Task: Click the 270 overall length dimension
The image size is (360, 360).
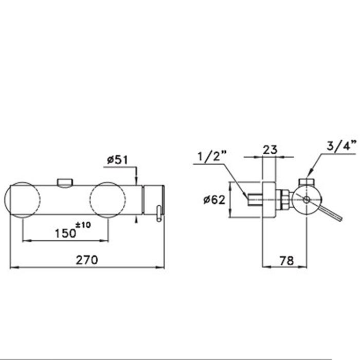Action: (87, 260)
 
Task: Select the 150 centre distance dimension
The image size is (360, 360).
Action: (65, 233)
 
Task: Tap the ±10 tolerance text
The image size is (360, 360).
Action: (83, 225)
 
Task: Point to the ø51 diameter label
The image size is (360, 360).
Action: (117, 160)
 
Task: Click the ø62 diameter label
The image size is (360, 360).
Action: (214, 200)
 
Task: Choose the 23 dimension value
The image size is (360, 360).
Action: (270, 150)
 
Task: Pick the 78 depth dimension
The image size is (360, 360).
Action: (287, 261)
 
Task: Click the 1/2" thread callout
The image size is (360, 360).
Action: (212, 156)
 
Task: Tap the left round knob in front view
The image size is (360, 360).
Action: (23, 200)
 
